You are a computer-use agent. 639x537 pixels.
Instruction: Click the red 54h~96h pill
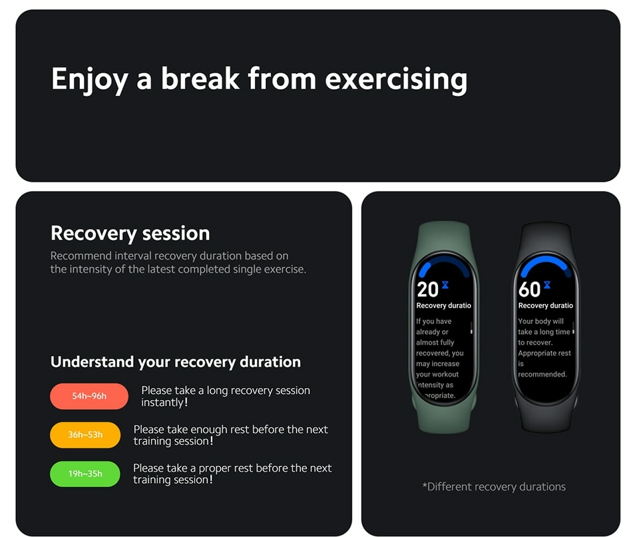tap(89, 396)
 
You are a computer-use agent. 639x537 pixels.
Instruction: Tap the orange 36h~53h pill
tap(85, 435)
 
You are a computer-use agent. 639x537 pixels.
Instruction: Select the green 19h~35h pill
tap(85, 473)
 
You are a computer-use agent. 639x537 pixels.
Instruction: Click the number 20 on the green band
tap(427, 289)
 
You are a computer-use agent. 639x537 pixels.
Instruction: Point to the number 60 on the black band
tap(529, 289)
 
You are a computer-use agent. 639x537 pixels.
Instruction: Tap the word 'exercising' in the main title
tap(396, 79)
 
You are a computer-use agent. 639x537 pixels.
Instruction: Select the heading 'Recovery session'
tap(130, 234)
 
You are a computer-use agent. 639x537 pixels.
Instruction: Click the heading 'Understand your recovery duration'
tap(176, 362)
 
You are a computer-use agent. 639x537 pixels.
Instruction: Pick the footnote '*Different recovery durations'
tap(494, 486)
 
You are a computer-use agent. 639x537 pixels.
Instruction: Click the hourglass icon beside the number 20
tap(445, 285)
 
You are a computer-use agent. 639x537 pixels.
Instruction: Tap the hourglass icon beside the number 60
tap(547, 285)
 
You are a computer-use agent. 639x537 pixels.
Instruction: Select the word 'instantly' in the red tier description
tap(162, 403)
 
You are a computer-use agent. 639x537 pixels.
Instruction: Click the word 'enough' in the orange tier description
tap(208, 429)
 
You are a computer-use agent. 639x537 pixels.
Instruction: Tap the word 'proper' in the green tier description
tap(215, 468)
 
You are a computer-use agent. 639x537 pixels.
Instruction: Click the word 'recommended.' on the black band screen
tap(542, 374)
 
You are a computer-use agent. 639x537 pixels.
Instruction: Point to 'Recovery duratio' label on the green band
tap(443, 305)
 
